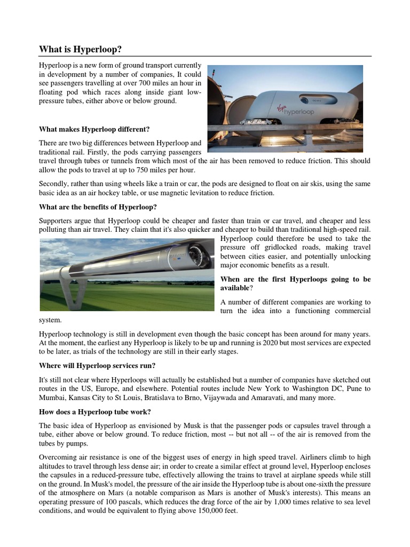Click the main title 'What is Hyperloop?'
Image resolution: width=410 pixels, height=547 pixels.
pyautogui.click(x=81, y=49)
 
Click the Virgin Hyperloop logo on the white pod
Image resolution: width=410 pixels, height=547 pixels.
pyautogui.click(x=297, y=111)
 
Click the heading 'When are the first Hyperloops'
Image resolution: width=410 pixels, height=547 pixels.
pyautogui.click(x=295, y=279)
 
